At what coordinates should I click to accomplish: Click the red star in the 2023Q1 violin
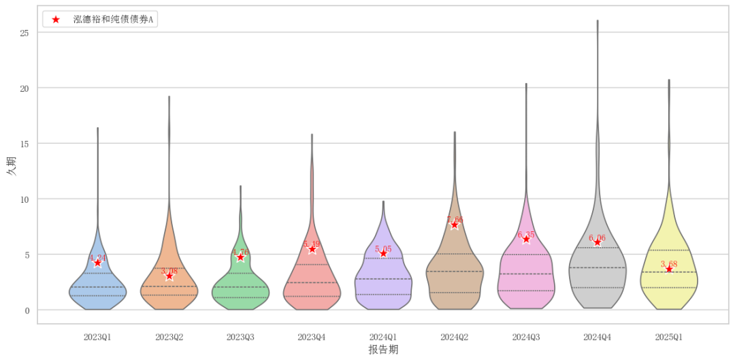97,263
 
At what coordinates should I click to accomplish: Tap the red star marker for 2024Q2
455,225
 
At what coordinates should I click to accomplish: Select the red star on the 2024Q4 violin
598,242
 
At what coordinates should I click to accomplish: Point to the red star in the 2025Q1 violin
669,269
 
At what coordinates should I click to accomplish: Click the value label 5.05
383,249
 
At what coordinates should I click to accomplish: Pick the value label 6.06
598,238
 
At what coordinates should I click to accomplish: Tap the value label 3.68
669,264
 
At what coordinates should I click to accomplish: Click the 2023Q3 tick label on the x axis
240,337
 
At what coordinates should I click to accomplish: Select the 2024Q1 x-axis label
383,337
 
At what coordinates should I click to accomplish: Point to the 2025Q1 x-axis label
669,337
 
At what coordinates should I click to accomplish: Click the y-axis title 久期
11,166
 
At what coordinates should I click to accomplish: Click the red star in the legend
56,20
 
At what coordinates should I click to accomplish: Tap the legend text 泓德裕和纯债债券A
113,20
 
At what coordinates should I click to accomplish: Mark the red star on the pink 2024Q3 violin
526,240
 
